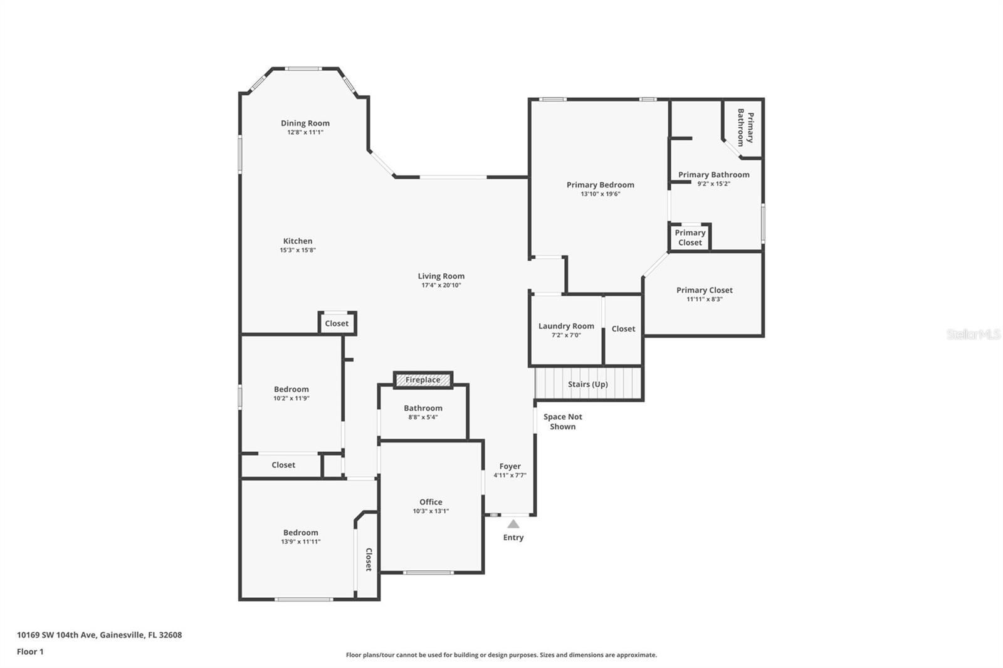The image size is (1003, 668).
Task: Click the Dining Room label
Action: click(305, 123)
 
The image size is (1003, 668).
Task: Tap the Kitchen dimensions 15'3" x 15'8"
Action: click(298, 250)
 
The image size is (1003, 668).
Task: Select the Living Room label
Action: click(441, 276)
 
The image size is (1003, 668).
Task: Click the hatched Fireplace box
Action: click(423, 380)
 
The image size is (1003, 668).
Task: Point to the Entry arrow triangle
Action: click(513, 524)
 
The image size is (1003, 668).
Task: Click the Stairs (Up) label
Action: click(588, 384)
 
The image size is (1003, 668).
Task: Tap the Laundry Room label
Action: click(566, 326)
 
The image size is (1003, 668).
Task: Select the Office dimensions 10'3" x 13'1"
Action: click(431, 511)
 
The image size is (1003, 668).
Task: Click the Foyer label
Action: click(510, 466)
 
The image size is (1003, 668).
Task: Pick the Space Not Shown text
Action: click(563, 421)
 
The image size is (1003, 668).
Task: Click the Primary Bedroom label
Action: click(601, 185)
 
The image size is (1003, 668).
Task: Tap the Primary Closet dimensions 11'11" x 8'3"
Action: click(705, 299)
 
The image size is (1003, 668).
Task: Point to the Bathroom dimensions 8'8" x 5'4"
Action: click(423, 417)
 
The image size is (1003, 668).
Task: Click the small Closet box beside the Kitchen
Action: click(337, 323)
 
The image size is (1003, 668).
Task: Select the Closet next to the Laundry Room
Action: click(623, 328)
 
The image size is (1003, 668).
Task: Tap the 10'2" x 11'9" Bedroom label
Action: click(291, 389)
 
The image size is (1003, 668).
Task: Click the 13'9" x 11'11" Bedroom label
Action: click(300, 533)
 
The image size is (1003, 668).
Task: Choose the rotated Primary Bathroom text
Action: click(745, 128)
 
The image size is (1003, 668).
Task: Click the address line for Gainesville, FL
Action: click(100, 635)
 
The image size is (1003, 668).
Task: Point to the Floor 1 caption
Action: click(30, 652)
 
